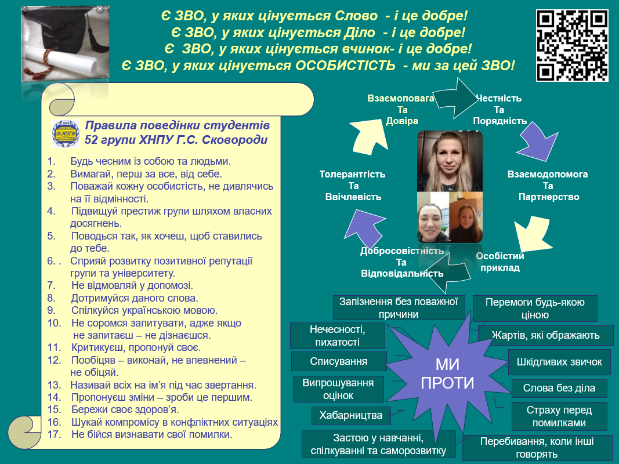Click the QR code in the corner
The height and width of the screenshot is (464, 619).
[x=572, y=45]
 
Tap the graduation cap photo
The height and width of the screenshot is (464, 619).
[x=65, y=44]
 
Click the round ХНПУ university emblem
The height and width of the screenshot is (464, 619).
[x=66, y=133]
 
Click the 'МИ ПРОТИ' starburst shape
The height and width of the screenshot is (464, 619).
[x=447, y=374]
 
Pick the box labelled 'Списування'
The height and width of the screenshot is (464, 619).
[x=339, y=361]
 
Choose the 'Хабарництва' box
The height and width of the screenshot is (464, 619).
[x=351, y=415]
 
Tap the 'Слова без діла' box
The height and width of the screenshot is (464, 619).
[x=559, y=388]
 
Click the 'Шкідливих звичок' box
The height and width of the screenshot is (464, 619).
[x=559, y=362]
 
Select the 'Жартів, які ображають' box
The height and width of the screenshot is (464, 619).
[x=545, y=335]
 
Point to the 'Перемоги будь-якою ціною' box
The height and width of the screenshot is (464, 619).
[x=535, y=309]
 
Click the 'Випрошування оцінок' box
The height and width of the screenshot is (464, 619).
[x=338, y=389]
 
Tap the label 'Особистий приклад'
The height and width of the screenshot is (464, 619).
[x=499, y=262]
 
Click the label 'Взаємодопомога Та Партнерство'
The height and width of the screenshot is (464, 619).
[x=548, y=186]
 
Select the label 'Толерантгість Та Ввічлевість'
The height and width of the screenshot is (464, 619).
[x=353, y=186]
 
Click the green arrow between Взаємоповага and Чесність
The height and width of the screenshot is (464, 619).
[x=457, y=98]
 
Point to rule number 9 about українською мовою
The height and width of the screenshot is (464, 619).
[x=133, y=310]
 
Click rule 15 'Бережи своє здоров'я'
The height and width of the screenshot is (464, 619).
[x=113, y=409]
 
